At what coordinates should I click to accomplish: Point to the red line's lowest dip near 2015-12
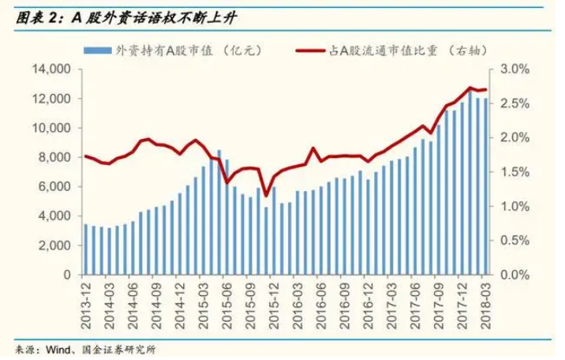pos(266,195)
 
